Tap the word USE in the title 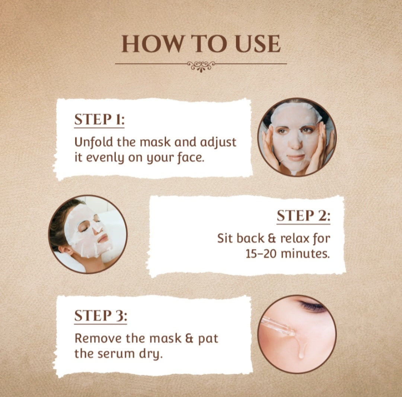pyautogui.click(x=258, y=43)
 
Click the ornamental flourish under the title pyautogui.click(x=201, y=66)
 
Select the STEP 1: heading pyautogui.click(x=99, y=119)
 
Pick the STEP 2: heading pyautogui.click(x=304, y=216)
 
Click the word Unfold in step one pyautogui.click(x=93, y=142)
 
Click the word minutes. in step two pyautogui.click(x=305, y=254)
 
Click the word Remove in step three pyautogui.click(x=98, y=338)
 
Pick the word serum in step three pyautogui.click(x=116, y=354)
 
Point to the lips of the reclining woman pyautogui.click(x=103, y=239)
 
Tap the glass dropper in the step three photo pyautogui.click(x=278, y=326)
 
